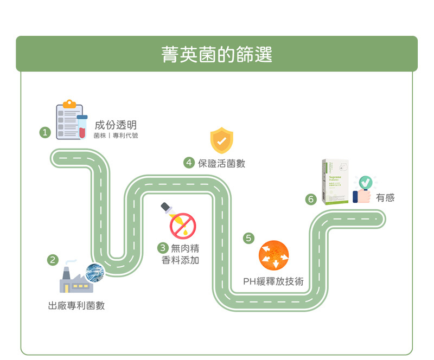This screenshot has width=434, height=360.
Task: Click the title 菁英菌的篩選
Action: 216,54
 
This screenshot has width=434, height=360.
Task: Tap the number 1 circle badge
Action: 45,132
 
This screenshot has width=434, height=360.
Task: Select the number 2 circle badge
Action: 53,260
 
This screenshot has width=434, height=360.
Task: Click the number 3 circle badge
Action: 162,248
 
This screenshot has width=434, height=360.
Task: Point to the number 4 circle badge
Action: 189,163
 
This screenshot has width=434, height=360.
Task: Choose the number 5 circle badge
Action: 248,237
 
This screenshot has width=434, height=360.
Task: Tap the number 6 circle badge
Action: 311,199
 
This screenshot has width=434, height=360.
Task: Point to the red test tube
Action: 82,127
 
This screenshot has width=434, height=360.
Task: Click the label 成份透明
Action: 115,125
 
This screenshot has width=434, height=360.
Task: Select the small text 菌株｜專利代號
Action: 116,136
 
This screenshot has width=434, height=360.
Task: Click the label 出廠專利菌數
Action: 76,306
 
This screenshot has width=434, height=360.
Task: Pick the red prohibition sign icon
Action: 183,226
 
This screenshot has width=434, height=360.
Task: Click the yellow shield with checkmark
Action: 221,140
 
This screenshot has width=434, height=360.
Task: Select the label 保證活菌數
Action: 221,163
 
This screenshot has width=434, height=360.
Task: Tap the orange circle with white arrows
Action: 273,255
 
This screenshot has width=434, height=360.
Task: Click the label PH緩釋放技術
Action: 273,281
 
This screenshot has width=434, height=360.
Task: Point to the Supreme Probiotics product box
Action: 335,182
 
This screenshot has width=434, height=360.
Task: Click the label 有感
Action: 385,198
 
